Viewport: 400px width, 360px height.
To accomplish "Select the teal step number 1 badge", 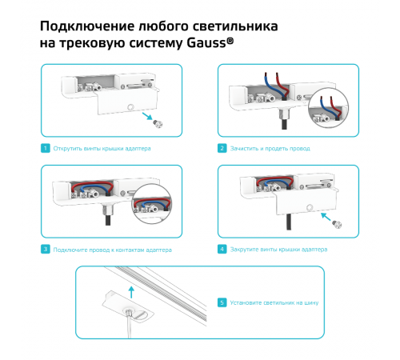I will click(46, 149).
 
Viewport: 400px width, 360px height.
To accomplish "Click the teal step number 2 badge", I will click(222, 149).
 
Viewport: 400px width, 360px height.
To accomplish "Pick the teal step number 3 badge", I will click(46, 250).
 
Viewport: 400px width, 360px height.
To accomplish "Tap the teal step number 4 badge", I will click(222, 250).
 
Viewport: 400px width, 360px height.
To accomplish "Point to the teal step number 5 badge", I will click(222, 303).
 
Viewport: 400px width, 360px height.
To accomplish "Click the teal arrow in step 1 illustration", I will click(147, 117).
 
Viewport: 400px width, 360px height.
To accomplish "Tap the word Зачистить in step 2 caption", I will click(244, 149).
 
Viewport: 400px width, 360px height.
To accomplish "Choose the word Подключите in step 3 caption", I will click(70, 250).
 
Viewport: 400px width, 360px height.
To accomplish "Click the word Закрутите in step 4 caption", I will click(244, 250).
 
